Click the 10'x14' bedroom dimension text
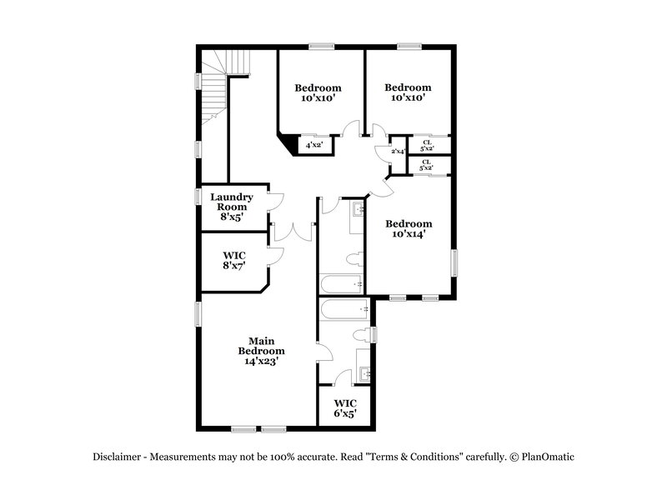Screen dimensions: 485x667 (409, 234)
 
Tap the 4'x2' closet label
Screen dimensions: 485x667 (314, 145)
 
